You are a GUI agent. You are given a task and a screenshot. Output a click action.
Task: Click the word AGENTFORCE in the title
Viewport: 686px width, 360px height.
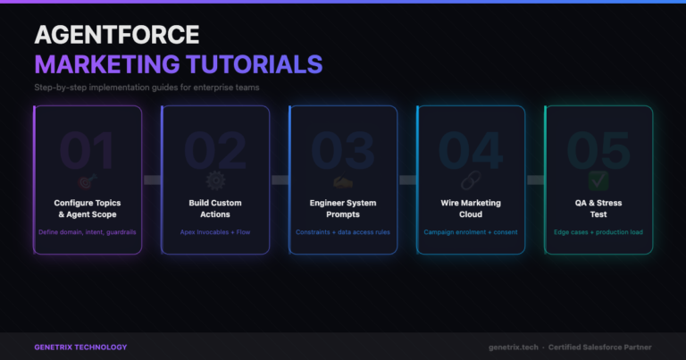[117, 35]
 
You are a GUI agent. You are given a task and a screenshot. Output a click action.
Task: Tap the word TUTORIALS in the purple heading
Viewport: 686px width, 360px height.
[255, 64]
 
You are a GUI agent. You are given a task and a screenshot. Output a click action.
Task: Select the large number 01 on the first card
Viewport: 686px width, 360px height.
[87, 150]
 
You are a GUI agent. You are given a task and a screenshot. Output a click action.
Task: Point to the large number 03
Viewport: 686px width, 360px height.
[343, 150]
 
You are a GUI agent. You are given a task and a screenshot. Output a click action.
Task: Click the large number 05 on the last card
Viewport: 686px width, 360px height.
[598, 150]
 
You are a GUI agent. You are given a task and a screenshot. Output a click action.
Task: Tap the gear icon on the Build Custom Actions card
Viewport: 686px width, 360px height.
[215, 180]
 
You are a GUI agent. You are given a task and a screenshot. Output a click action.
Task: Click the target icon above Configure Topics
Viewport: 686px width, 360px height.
[88, 181]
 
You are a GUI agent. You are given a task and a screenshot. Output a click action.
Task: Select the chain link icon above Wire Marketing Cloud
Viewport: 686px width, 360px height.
[471, 180]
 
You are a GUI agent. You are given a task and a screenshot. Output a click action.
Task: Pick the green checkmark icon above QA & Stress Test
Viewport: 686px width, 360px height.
[598, 180]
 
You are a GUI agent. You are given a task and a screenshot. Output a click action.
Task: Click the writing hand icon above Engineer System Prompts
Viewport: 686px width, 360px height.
[343, 181]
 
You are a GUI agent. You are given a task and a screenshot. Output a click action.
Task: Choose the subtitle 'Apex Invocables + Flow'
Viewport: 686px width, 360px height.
[215, 232]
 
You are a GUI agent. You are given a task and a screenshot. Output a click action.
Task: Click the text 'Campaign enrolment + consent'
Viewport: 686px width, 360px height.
[471, 232]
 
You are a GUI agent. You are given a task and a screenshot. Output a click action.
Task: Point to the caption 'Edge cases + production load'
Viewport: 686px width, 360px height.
[598, 232]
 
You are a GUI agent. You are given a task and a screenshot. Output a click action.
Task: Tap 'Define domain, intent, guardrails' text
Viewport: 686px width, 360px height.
[88, 232]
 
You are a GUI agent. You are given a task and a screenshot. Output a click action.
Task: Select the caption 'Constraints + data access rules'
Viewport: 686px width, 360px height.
[343, 232]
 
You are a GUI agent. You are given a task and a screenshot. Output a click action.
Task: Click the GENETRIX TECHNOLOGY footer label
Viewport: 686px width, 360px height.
[80, 347]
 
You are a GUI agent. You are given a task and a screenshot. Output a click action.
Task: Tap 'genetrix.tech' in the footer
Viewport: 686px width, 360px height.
[514, 347]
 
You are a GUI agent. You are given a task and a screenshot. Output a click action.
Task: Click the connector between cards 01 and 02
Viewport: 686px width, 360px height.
[152, 180]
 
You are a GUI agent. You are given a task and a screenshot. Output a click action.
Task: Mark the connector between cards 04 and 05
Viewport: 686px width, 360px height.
[536, 180]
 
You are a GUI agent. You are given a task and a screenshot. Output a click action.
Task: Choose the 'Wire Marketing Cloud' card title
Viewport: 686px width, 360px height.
[471, 209]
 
